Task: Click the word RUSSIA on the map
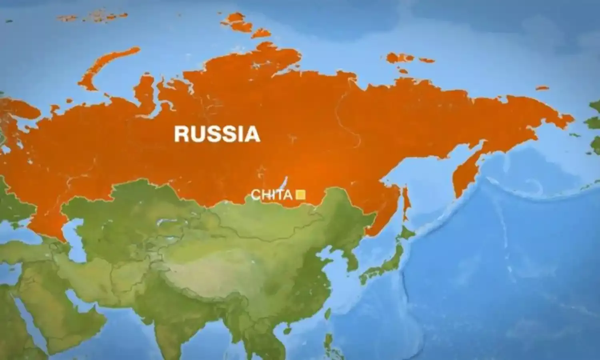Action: pos(217,134)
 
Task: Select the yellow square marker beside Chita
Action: pos(300,195)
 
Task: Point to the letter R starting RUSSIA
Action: pos(181,134)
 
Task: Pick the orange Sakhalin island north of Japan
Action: pos(406,202)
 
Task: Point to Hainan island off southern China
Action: pos(287,330)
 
